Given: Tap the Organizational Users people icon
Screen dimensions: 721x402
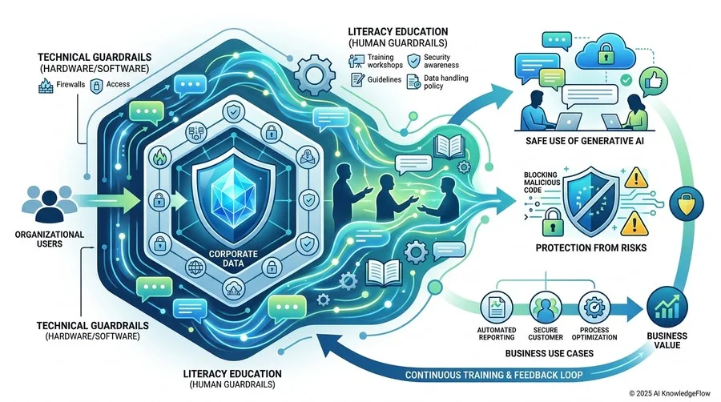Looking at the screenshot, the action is pos(49,204).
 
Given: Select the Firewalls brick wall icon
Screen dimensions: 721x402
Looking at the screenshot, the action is pos(46,86).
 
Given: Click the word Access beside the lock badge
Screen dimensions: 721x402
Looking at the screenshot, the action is pos(118,84).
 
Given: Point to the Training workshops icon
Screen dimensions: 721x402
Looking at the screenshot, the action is pos(356,61).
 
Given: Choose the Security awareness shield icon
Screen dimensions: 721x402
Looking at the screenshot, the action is pos(414,61).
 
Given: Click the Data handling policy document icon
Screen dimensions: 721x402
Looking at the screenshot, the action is pos(414,82).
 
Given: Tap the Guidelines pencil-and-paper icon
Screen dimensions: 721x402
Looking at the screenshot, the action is pos(356,80).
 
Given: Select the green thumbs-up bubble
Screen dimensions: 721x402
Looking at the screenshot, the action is pos(654,82).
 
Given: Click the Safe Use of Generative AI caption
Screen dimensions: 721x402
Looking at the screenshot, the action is pos(585,141).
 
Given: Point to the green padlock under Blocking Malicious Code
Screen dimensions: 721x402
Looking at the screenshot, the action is pos(552,223).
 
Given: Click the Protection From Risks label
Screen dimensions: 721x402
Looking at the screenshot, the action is pos(591,248).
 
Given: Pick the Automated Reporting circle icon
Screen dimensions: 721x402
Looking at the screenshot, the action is pos(497,307).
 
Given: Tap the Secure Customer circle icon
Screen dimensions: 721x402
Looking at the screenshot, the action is pos(546,307).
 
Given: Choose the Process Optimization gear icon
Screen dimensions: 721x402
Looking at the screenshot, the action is pos(594,307).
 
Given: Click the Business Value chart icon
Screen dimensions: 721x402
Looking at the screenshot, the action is pos(667,306).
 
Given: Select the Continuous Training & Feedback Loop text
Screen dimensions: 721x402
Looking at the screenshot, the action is pos(493,375).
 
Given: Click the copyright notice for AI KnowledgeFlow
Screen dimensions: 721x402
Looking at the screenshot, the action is pos(670,393).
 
